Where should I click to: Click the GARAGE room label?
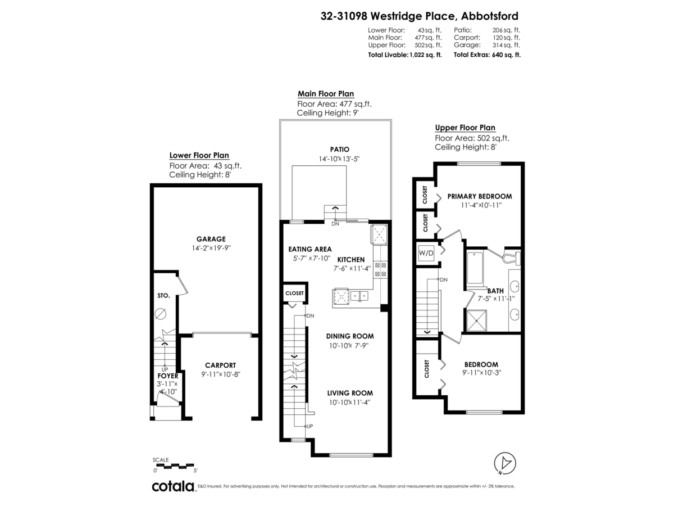[x=211, y=238]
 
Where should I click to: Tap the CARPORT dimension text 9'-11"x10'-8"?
[x=220, y=374]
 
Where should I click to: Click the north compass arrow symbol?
[x=504, y=463]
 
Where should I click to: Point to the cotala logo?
[x=172, y=486]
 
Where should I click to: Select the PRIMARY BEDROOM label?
[x=479, y=196]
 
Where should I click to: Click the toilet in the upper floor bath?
[x=511, y=259]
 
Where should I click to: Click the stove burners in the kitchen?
[x=380, y=269]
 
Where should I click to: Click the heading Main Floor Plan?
[x=325, y=94]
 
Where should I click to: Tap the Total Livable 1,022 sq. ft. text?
[x=404, y=55]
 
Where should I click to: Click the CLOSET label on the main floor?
[x=294, y=293]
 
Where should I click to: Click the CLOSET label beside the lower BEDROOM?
[x=426, y=369]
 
